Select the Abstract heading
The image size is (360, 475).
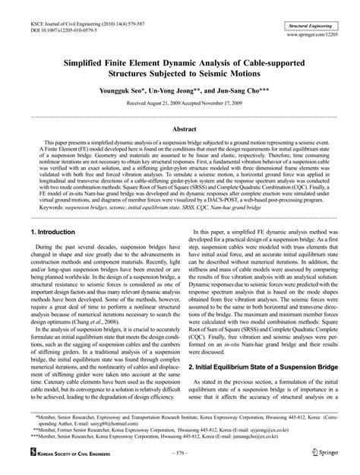179,129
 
